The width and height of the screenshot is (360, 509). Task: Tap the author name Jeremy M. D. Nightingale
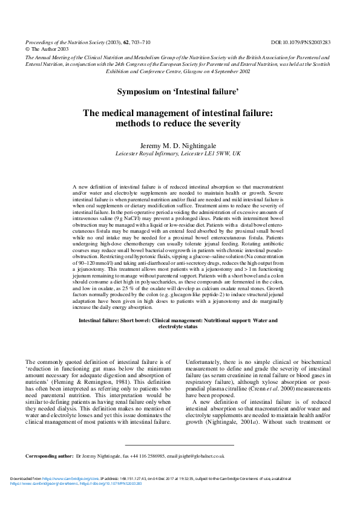pos(179,146)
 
